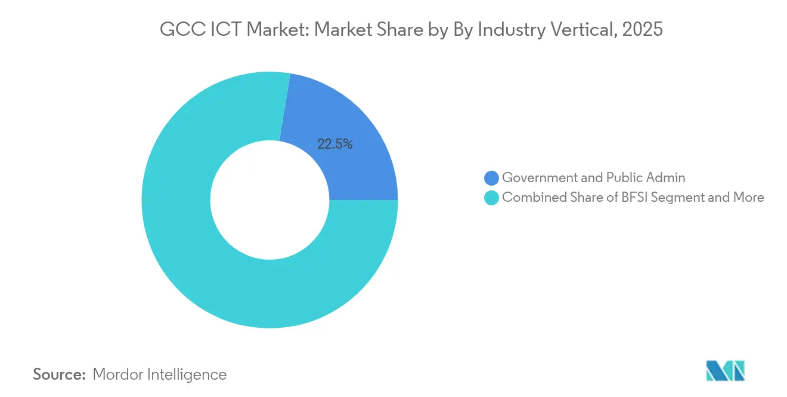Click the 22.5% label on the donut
[335, 144]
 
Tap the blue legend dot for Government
[491, 178]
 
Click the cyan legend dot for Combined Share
[491, 198]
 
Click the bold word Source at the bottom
[60, 374]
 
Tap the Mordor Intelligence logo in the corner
[725, 371]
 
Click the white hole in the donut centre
[269, 200]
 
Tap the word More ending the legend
[748, 198]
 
